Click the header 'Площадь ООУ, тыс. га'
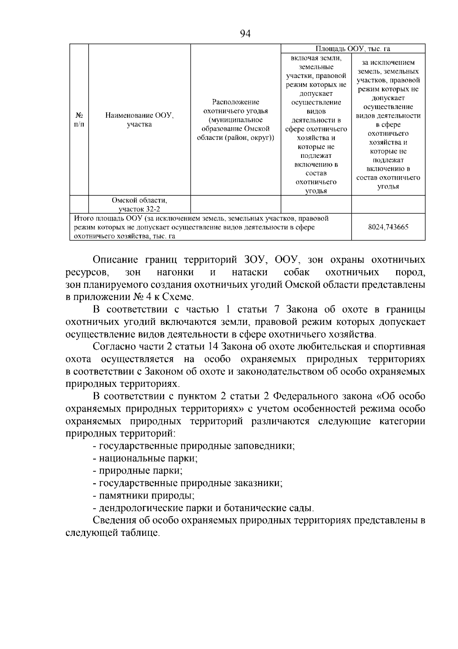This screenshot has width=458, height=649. click(353, 49)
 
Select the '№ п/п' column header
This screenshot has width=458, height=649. click(79, 120)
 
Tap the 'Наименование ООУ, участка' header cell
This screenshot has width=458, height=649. click(139, 120)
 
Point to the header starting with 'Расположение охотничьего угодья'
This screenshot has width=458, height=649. click(235, 120)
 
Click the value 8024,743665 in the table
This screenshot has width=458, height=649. click(388, 227)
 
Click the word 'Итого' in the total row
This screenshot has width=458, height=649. click(82, 219)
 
